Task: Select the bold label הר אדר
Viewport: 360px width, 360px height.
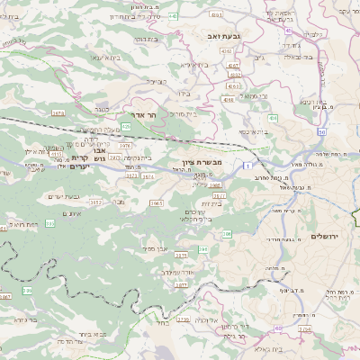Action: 157,115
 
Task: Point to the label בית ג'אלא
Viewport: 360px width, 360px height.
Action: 269,349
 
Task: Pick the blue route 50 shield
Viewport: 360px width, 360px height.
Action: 321,132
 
